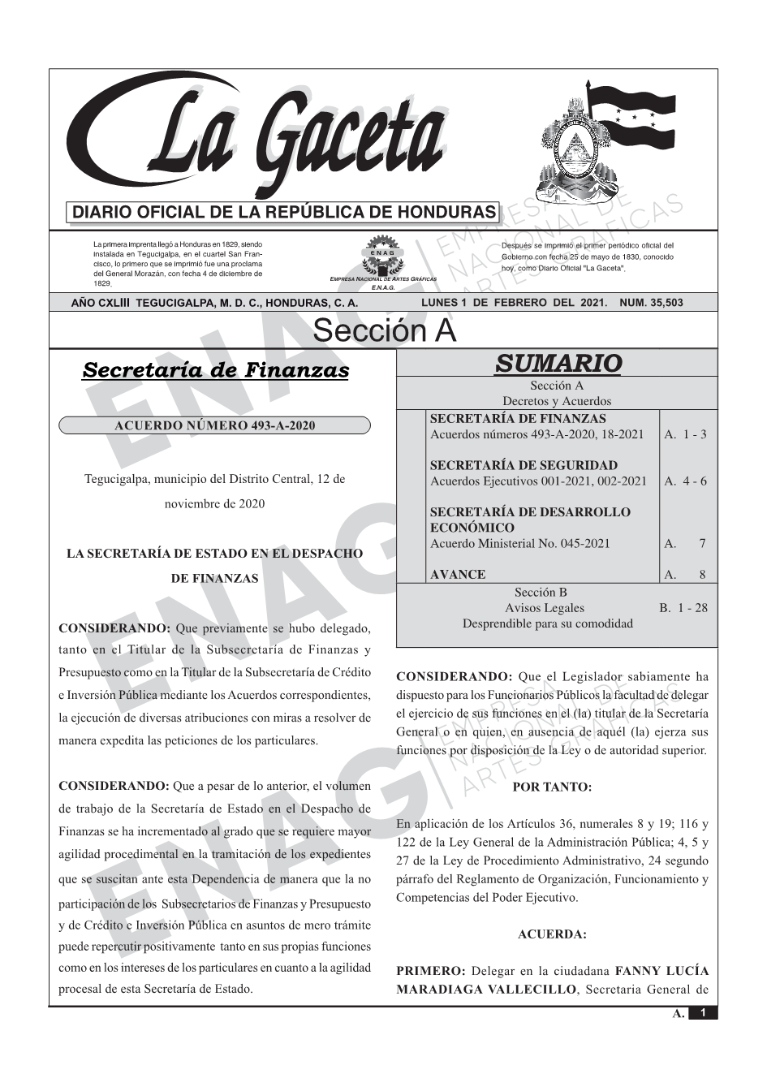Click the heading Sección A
click(384, 331)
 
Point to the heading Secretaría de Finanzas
click(216, 370)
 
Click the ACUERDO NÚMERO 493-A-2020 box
click(215, 425)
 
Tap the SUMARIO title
click(558, 363)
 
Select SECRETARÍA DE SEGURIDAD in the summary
click(524, 465)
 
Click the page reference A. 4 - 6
click(685, 481)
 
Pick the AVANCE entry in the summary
click(458, 574)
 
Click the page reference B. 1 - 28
click(683, 607)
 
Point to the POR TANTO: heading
click(553, 787)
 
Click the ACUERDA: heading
click(552, 934)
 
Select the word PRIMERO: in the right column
click(430, 970)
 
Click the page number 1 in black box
click(703, 1012)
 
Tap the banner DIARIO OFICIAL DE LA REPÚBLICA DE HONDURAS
click(284, 213)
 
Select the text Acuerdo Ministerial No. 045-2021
click(519, 543)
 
